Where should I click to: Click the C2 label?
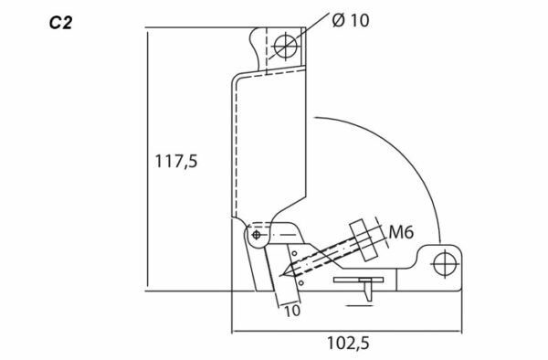(x=60, y=23)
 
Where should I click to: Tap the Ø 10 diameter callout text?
(x=350, y=20)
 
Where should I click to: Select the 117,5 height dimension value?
(x=175, y=162)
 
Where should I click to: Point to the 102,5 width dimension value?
(x=348, y=344)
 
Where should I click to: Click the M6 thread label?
(x=401, y=232)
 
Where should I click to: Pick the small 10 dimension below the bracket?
(x=292, y=311)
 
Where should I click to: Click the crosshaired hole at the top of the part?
(x=286, y=47)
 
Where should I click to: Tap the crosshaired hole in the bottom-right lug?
(x=445, y=264)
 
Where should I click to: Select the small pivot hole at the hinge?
(x=256, y=235)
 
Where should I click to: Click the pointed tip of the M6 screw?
(x=284, y=274)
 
